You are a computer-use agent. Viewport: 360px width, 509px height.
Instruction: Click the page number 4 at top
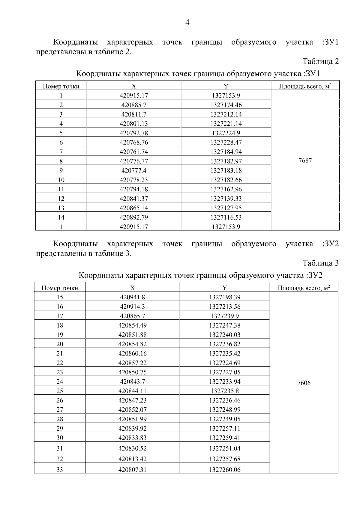187,22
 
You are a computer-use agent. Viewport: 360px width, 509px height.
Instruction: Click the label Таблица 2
320,61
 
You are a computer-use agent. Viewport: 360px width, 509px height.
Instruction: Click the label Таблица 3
320,263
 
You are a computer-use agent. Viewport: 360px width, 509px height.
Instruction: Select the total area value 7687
305,160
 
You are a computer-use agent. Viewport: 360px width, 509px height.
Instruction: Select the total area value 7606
304,383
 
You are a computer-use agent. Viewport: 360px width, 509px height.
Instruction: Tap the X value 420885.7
134,105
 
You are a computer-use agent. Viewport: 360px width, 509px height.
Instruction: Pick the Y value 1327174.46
226,105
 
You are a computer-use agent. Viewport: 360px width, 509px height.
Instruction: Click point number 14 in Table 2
61,217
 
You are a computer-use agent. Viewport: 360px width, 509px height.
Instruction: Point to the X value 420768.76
134,142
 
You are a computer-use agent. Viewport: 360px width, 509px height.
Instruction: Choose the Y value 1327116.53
226,217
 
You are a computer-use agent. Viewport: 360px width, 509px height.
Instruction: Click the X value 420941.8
133,297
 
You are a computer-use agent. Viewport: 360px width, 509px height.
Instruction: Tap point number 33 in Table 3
60,470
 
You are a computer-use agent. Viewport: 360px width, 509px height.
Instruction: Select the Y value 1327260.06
225,470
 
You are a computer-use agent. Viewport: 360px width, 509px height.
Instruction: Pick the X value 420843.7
133,382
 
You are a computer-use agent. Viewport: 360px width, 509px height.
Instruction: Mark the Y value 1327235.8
225,391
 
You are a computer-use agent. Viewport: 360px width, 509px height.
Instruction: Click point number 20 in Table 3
60,344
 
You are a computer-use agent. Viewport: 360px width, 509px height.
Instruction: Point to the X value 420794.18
134,189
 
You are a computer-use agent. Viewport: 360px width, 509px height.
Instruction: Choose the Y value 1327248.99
225,410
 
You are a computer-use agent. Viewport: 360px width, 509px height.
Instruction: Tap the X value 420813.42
133,459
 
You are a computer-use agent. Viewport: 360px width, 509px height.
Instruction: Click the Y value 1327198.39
225,297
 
